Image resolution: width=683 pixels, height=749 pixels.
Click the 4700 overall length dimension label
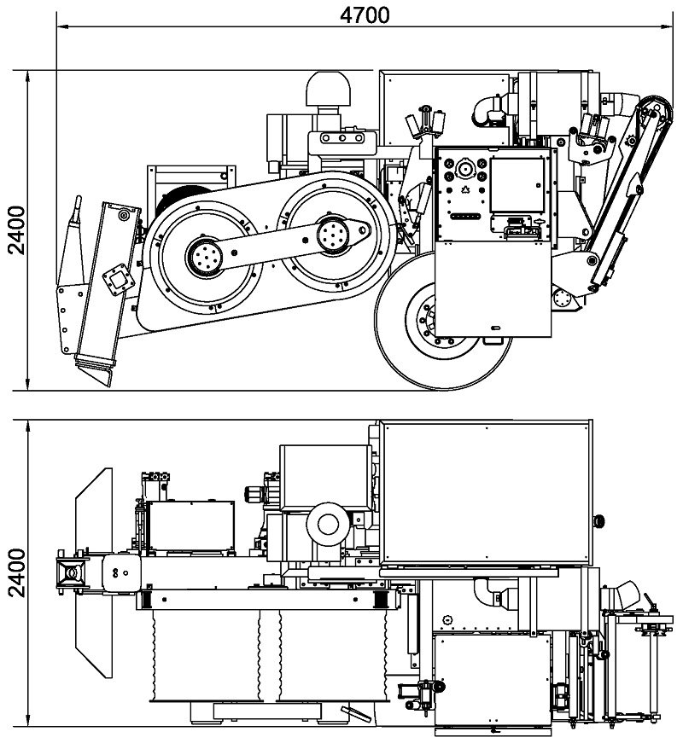pos(365,15)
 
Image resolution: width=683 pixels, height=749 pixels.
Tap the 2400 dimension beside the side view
pos(17,230)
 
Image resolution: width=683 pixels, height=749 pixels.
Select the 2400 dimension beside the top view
pos(17,572)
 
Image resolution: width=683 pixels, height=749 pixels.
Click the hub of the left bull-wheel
pos(206,258)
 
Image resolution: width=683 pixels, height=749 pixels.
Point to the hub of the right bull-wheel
pos(332,234)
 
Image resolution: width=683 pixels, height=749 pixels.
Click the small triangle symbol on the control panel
pos(466,190)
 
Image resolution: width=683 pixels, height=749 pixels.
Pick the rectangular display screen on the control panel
pos(517,185)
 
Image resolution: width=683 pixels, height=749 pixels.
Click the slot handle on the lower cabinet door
pos(496,328)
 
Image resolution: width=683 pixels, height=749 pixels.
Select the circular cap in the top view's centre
pos(328,525)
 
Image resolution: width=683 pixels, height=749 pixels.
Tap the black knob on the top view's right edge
pos(598,520)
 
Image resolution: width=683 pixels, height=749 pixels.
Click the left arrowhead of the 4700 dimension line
pos(63,26)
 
